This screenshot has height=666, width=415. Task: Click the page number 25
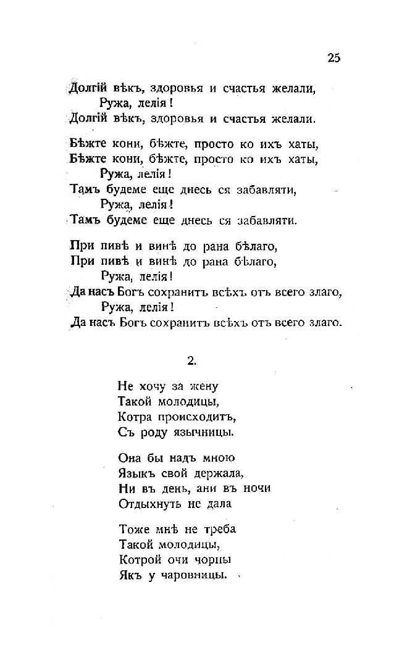(x=333, y=58)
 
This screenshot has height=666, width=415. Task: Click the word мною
(x=217, y=459)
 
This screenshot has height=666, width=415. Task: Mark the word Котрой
(x=138, y=560)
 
